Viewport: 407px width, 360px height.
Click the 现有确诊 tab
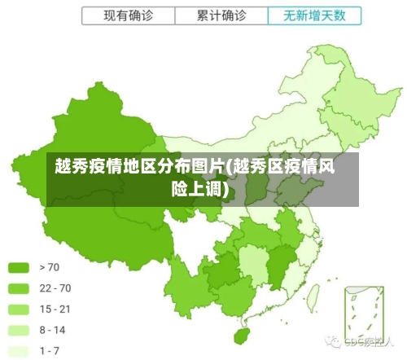[129, 15]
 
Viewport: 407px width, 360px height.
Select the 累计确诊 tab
[221, 15]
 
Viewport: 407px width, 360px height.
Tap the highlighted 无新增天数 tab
[313, 15]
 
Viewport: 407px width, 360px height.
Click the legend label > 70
[49, 266]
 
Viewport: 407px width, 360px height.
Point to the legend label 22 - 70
[55, 288]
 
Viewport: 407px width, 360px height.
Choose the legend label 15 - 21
[55, 309]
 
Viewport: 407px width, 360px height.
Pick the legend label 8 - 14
[53, 330]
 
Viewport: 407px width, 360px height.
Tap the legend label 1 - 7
[50, 351]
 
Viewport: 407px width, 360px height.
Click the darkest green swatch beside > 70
[19, 266]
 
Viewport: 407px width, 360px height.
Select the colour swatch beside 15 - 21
[19, 309]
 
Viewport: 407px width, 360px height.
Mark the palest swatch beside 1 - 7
[19, 351]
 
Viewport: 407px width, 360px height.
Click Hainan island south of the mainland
[241, 335]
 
